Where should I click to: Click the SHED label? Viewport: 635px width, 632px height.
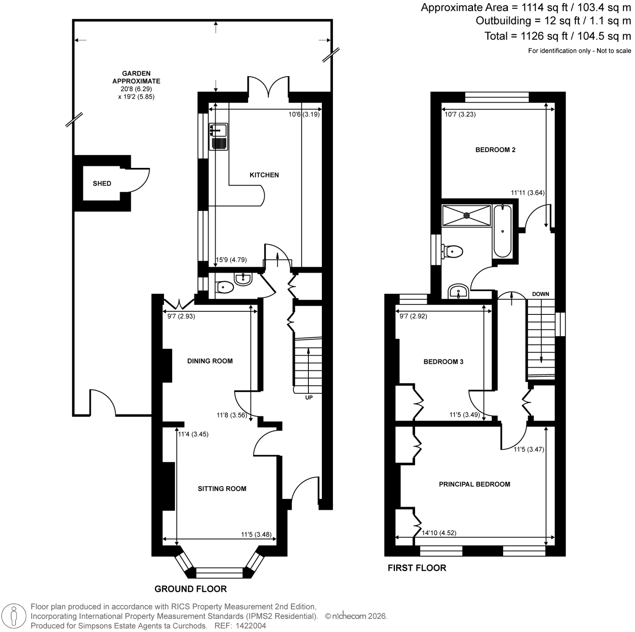102,183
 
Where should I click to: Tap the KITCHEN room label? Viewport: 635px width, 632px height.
264,175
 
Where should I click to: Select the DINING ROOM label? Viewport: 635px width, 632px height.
210,361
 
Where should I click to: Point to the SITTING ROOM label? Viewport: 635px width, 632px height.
222,489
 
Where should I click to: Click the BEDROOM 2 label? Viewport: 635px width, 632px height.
495,150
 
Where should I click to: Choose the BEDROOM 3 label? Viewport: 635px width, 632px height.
443,362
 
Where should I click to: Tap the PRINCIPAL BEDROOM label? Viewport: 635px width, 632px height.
475,484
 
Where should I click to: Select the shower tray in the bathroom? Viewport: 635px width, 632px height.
467,215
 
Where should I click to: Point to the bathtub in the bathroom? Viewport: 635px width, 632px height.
503,231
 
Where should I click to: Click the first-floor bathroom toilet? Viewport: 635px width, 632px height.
452,251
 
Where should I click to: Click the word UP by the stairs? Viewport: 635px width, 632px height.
309,397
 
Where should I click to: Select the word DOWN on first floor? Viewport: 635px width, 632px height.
541,294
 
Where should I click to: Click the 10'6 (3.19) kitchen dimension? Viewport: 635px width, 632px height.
304,114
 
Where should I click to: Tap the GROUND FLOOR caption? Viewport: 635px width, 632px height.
190,589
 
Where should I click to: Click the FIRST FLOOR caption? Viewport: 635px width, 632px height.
417,568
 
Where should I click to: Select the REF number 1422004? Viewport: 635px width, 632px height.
251,626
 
